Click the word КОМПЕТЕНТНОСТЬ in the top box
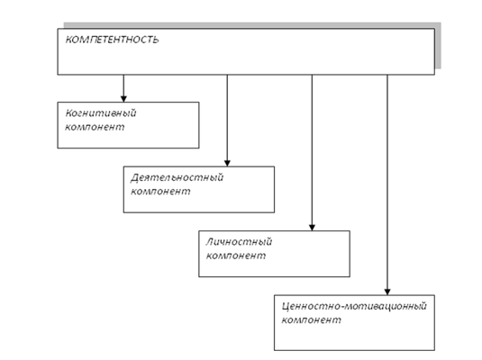[x=113, y=40]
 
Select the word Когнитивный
[x=101, y=113]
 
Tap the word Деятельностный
[x=177, y=177]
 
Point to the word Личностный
[x=239, y=242]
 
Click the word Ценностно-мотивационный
[x=354, y=306]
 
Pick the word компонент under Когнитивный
[x=95, y=127]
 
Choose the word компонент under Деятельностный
[x=160, y=192]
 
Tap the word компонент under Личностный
[x=236, y=256]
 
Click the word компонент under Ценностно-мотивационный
[x=311, y=319]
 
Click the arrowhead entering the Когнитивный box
[x=123, y=99]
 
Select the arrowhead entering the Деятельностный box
[x=227, y=163]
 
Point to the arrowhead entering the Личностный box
[x=312, y=228]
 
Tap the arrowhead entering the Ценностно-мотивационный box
[x=387, y=292]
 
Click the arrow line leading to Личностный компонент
[x=312, y=153]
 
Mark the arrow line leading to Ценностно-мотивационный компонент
[x=387, y=184]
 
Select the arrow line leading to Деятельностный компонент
[x=227, y=121]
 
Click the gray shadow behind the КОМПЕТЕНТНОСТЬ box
[x=438, y=46]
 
